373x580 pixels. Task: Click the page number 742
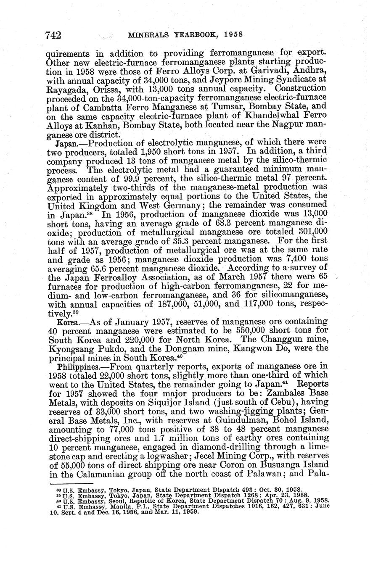53,35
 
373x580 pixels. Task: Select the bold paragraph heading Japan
65,143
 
